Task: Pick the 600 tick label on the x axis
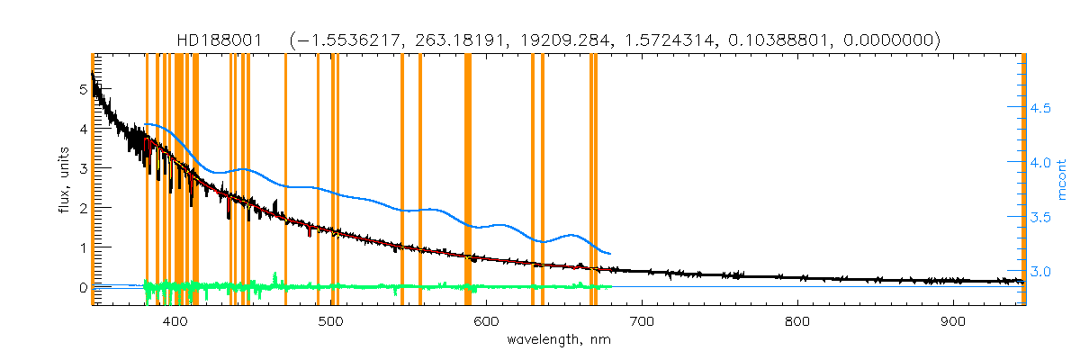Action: [x=486, y=321]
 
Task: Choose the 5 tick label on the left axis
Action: [x=84, y=89]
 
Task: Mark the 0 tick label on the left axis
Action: [x=84, y=287]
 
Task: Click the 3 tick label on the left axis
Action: [x=84, y=168]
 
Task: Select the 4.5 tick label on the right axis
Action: [x=1041, y=109]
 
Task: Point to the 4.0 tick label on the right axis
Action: [x=1041, y=163]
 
